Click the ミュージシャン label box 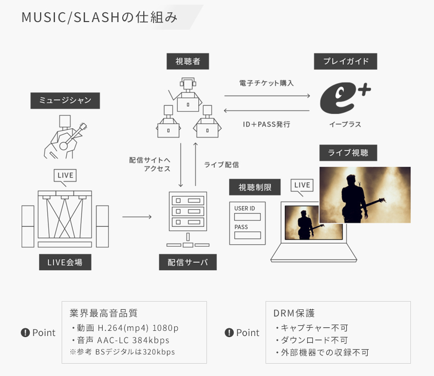(x=65, y=101)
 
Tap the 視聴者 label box (x=187, y=62)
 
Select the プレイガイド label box (x=346, y=62)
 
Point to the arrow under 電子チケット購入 (x=267, y=95)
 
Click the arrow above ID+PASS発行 (x=267, y=111)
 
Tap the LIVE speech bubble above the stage (x=65, y=176)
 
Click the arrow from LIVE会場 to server (x=137, y=217)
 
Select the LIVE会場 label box (x=65, y=263)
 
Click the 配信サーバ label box (x=187, y=263)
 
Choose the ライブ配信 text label (x=221, y=165)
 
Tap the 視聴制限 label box (x=255, y=187)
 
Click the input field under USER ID (x=248, y=217)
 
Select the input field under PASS (x=248, y=235)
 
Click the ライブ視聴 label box (x=348, y=153)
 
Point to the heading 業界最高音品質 (x=104, y=313)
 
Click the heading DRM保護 (x=294, y=313)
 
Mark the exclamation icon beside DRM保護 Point (x=230, y=332)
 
